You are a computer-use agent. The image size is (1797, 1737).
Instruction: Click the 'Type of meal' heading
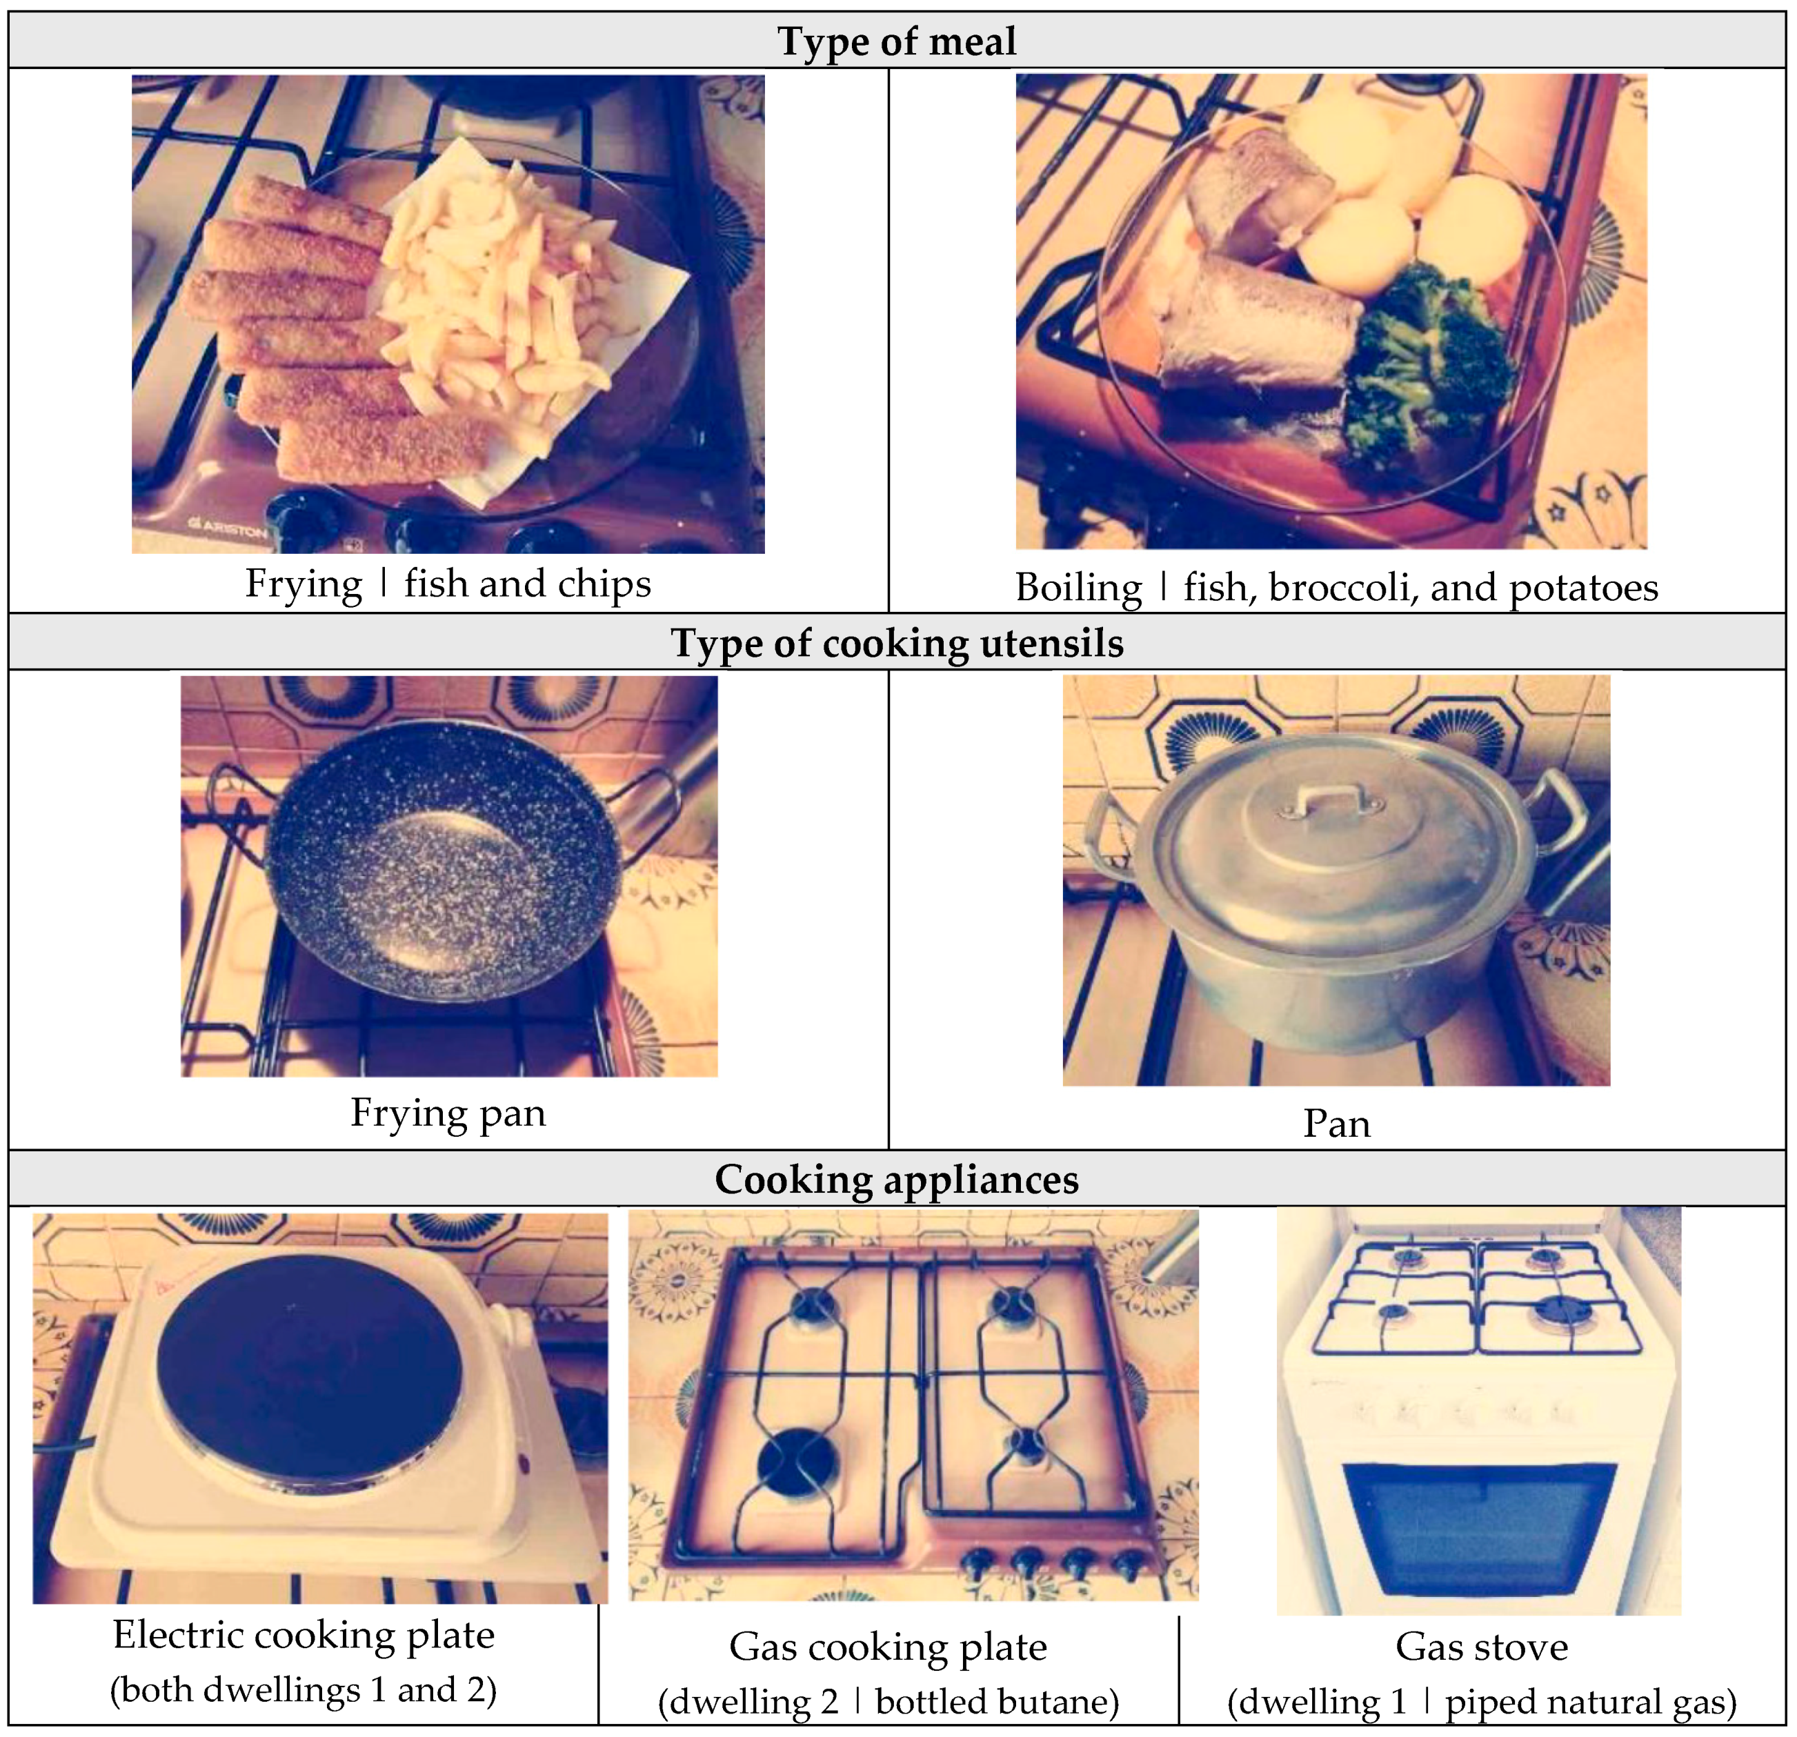click(897, 41)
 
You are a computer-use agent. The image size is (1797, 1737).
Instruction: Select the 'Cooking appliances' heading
click(897, 1179)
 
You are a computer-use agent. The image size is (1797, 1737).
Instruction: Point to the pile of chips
click(499, 284)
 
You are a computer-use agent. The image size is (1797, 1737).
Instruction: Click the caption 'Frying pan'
click(448, 1113)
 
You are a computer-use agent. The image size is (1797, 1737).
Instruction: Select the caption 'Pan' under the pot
click(1337, 1124)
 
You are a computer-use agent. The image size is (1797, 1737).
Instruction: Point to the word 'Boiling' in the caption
click(1078, 588)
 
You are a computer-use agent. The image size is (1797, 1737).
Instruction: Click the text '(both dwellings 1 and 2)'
click(304, 1689)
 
